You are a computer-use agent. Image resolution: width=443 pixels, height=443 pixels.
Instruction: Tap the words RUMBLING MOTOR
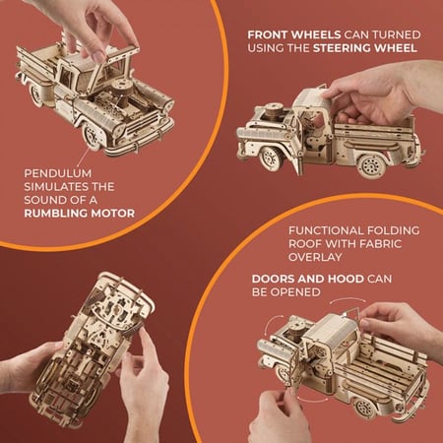(80, 214)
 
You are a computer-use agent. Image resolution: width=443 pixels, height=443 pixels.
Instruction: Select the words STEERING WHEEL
(365, 48)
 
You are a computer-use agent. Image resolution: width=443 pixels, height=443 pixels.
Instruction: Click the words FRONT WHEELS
(294, 34)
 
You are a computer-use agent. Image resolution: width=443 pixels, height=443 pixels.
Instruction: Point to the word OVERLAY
(315, 257)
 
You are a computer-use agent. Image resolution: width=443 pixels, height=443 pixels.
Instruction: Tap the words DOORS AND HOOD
(308, 279)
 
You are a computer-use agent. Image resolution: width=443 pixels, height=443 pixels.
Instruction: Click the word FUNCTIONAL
(326, 230)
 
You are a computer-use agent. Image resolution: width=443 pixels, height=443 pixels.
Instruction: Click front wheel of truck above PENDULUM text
(92, 136)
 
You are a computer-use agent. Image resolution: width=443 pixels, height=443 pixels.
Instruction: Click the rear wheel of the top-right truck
(371, 164)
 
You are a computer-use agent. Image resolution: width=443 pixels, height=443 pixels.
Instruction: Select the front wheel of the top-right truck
(272, 158)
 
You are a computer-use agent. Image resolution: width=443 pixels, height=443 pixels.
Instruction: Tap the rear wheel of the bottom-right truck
(364, 409)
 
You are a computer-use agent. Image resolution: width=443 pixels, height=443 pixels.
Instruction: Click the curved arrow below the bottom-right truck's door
(312, 400)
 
